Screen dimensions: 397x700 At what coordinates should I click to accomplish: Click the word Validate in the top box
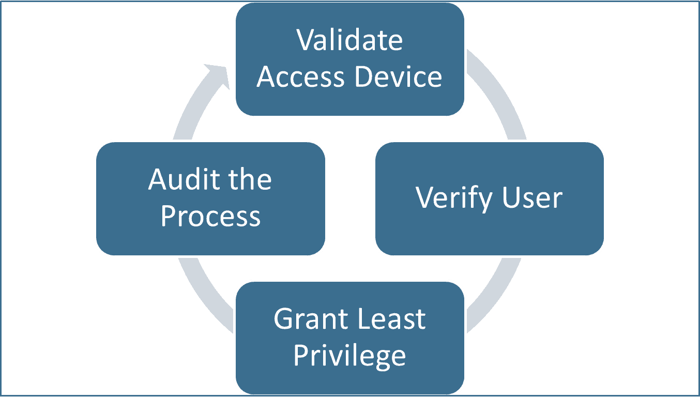349,40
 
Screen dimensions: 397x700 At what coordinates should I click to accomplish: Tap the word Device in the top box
399,77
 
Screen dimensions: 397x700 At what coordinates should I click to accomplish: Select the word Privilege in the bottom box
349,356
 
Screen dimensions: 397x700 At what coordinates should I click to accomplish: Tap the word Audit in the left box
179,179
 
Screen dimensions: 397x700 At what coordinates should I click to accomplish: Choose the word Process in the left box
210,217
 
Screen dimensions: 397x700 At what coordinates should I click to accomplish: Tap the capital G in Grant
284,319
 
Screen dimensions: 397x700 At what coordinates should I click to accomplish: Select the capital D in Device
366,77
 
